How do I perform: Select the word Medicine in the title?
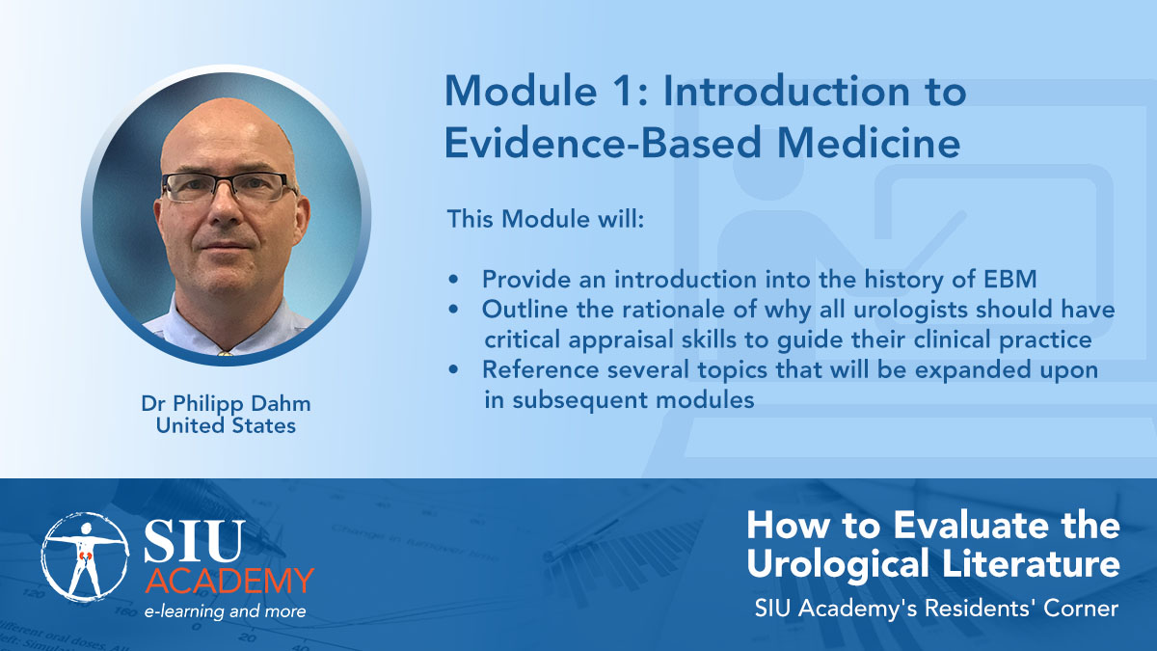[x=869, y=142]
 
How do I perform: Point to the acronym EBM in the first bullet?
[x=1009, y=280]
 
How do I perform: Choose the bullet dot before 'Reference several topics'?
[x=453, y=369]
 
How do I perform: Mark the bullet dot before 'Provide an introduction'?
[x=453, y=280]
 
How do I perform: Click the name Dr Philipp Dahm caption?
[x=227, y=404]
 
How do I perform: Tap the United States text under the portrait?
[x=226, y=425]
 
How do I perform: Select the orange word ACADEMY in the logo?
[x=229, y=581]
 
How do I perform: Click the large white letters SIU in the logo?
[x=194, y=540]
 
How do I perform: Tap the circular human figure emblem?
[x=85, y=557]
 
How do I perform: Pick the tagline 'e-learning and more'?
[x=226, y=612]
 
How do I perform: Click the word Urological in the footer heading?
[x=837, y=563]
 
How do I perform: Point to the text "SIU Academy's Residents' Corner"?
[x=936, y=609]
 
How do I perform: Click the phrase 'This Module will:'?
[x=546, y=219]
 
